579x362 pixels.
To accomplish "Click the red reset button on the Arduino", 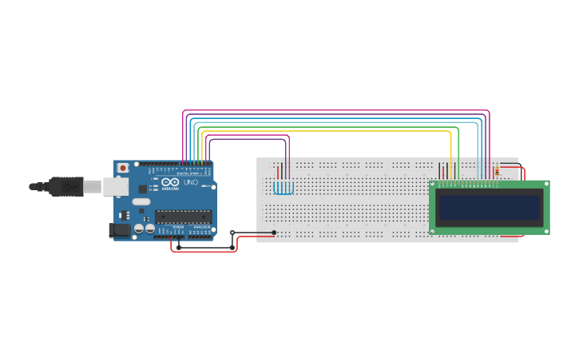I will click(123, 168).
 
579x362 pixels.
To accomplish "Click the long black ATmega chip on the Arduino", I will click(183, 216).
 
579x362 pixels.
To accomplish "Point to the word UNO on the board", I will click(190, 183).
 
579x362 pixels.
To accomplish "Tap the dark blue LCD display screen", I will click(489, 208).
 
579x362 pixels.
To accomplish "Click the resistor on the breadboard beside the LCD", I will click(498, 170).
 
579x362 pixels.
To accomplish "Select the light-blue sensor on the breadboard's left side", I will click(284, 189).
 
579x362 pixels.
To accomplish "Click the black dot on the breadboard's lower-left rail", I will click(274, 233).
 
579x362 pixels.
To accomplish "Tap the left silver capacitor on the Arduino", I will click(139, 229).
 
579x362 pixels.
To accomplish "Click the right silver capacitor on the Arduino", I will click(149, 229).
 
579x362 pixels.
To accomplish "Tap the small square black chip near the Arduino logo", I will click(143, 189).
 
